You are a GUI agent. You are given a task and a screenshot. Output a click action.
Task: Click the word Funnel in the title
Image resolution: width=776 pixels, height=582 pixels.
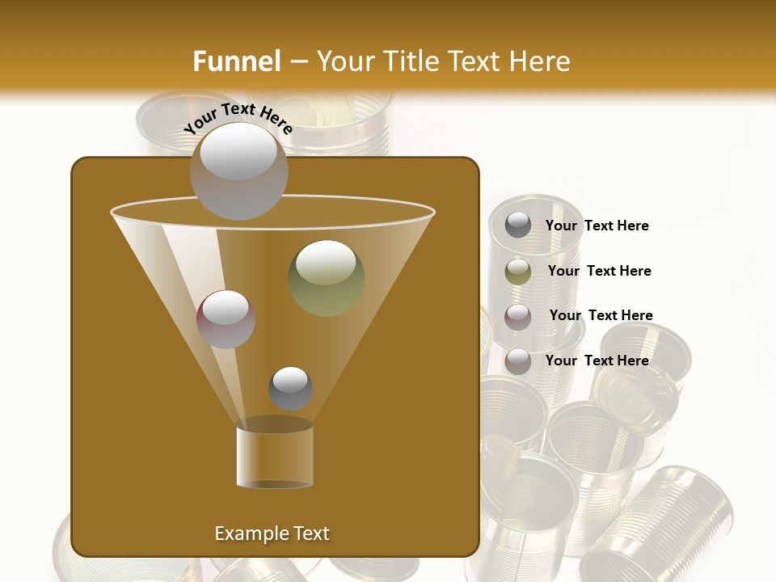[237, 61]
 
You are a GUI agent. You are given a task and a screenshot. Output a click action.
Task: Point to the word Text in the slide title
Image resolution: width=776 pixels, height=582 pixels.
[478, 61]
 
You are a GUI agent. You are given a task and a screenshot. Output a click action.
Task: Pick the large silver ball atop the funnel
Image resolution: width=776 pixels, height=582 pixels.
[238, 171]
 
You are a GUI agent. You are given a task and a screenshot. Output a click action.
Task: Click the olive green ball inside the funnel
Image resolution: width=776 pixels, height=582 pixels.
[327, 277]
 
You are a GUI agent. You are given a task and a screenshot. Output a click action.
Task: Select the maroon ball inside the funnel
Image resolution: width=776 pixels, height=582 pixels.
[226, 319]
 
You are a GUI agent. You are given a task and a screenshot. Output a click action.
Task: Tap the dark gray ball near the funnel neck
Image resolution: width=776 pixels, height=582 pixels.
[290, 388]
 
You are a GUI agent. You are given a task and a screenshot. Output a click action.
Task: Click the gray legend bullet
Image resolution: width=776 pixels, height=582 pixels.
[518, 226]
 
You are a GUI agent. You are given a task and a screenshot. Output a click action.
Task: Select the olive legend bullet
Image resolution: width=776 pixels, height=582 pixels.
[518, 271]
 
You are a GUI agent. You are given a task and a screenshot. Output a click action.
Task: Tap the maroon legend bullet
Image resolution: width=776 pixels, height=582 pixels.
[518, 316]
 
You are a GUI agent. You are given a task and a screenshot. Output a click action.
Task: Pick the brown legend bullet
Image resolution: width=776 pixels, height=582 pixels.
[518, 361]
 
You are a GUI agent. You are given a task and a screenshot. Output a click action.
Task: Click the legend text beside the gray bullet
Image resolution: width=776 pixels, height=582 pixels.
[597, 226]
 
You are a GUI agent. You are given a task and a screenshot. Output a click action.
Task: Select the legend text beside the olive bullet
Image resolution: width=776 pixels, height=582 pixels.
[600, 271]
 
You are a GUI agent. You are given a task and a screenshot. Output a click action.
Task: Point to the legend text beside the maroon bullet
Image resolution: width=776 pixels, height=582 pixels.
[601, 315]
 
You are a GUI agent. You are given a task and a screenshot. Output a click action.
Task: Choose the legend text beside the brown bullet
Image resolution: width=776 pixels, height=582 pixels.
[597, 361]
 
